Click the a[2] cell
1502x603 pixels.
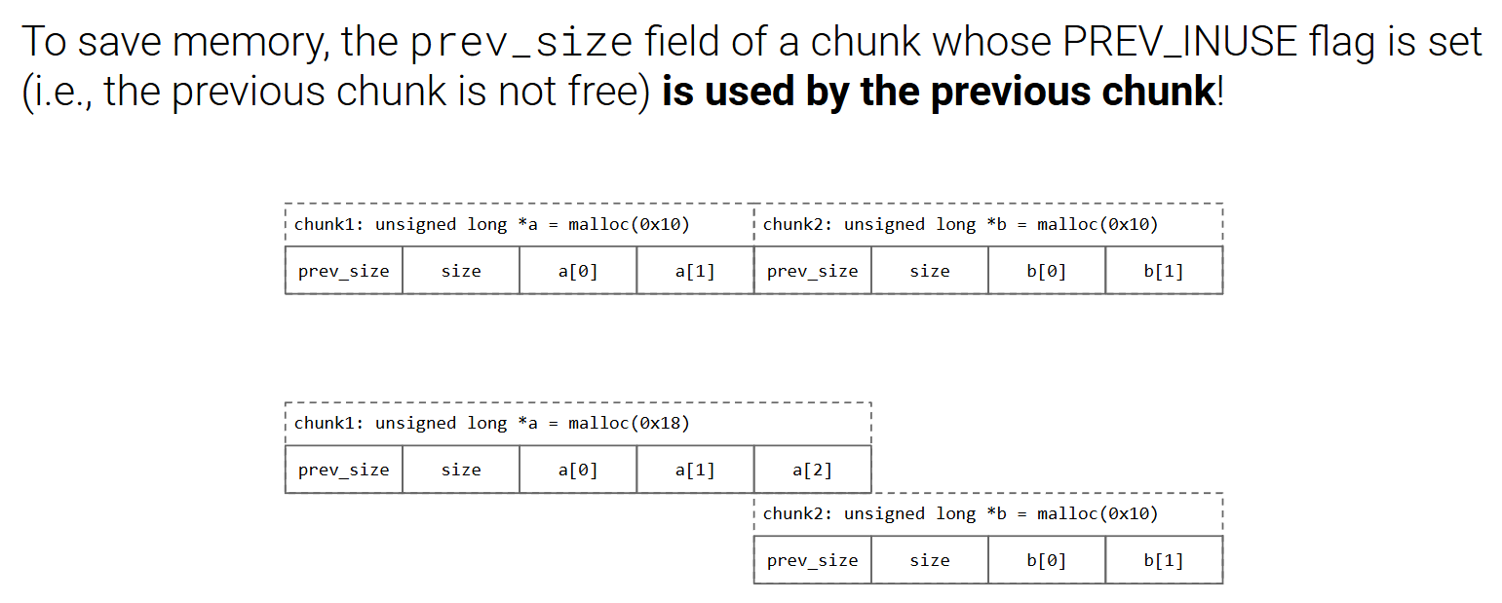pos(812,470)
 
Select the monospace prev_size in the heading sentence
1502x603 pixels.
pos(522,43)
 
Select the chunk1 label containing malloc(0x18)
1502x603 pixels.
pos(491,423)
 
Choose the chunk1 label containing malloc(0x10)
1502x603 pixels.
pos(491,224)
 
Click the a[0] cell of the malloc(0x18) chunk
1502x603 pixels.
pos(578,470)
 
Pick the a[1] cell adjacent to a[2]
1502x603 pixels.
pos(695,470)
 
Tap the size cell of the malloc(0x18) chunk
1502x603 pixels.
pos(461,470)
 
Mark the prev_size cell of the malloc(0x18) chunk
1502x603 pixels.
pos(344,470)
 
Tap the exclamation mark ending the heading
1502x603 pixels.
pos(1219,92)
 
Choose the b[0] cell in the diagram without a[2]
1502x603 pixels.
pos(1047,271)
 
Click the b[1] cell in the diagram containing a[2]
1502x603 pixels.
pos(1164,560)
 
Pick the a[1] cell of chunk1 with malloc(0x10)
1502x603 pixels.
pos(695,271)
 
